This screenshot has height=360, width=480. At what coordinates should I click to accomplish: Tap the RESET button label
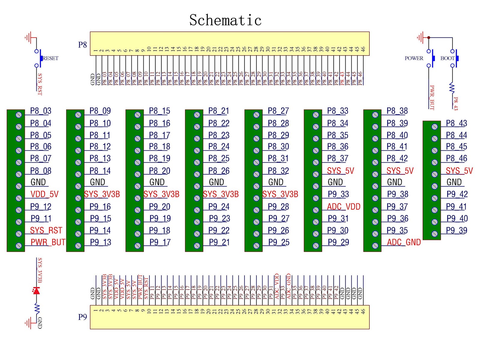point(50,58)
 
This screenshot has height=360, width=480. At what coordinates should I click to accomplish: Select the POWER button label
point(414,58)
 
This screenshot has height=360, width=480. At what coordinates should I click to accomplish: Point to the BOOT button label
point(447,58)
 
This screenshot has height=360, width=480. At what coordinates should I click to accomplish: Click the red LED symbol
point(36,291)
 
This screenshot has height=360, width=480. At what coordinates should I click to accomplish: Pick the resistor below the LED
point(37,309)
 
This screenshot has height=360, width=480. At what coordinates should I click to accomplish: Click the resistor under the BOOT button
point(452,88)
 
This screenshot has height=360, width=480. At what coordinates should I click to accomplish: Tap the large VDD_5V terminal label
point(45,194)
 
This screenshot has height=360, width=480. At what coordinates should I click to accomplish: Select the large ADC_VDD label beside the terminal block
point(343,207)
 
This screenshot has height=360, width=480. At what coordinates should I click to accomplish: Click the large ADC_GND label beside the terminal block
point(404,242)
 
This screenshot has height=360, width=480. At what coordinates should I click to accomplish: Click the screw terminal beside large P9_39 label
point(434,234)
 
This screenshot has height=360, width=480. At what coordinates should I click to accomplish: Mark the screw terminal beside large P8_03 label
point(19,115)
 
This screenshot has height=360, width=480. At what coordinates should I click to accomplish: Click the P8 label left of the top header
point(82,45)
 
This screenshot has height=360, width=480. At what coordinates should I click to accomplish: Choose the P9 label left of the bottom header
point(82,317)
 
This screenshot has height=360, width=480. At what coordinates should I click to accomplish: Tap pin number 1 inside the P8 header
point(96,50)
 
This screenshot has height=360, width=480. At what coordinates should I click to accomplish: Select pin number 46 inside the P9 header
point(363,311)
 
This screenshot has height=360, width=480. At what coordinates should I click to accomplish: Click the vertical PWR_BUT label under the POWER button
point(432,97)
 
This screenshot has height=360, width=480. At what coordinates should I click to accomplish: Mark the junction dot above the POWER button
point(429,37)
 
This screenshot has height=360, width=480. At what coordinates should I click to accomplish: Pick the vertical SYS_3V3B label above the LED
point(40,270)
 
